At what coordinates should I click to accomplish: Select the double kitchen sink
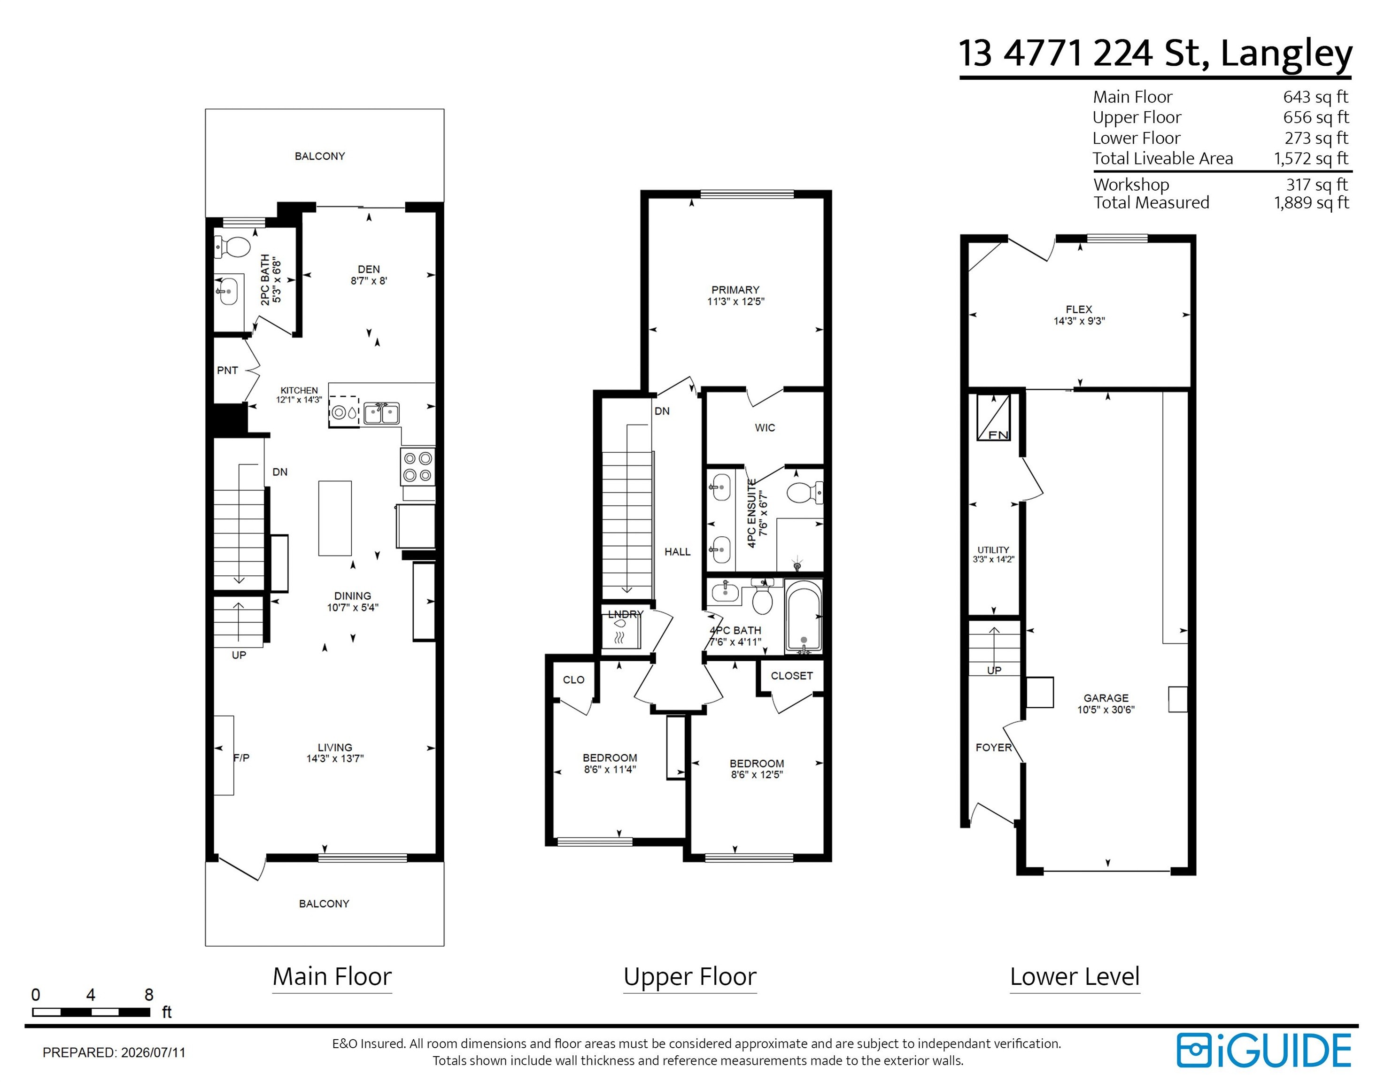click(x=381, y=413)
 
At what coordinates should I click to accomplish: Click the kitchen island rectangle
click(x=334, y=518)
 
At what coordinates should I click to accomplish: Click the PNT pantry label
click(x=228, y=371)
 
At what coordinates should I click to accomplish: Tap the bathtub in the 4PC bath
click(x=803, y=615)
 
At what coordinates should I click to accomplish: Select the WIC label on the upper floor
click(x=765, y=427)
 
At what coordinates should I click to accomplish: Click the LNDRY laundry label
click(x=625, y=614)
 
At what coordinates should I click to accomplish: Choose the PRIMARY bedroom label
click(x=735, y=290)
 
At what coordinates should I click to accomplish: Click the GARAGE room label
click(x=1106, y=698)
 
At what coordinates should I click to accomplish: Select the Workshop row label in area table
click(x=1131, y=185)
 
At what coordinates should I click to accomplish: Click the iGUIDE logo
click(x=1263, y=1051)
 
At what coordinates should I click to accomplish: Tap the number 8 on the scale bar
click(x=149, y=995)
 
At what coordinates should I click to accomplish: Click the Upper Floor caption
click(x=690, y=977)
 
